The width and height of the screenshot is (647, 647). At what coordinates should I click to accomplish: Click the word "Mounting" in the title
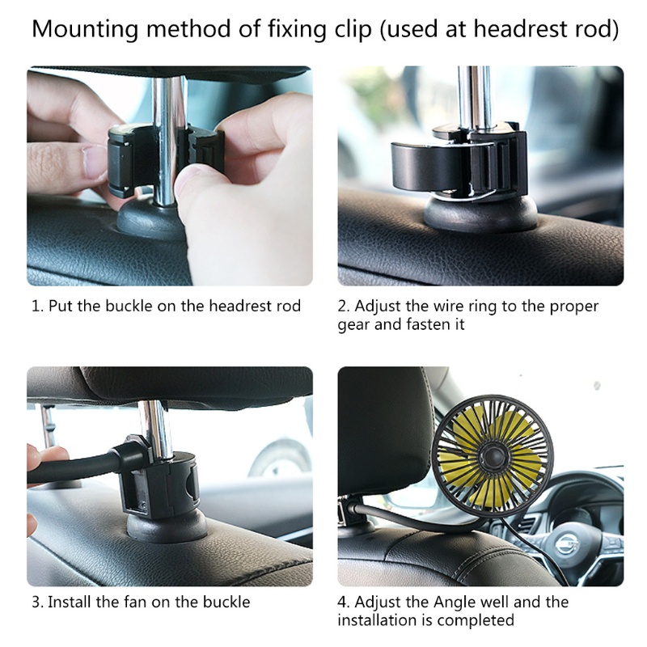click(86, 29)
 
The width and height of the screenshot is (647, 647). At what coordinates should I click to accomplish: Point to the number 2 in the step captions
click(342, 307)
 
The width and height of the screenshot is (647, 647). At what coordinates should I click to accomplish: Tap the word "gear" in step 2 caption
click(353, 325)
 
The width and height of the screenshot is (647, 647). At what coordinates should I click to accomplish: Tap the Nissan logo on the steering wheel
click(569, 543)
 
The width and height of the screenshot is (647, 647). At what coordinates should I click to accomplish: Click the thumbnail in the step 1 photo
click(94, 159)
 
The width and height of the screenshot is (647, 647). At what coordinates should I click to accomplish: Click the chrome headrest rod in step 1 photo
click(168, 140)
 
